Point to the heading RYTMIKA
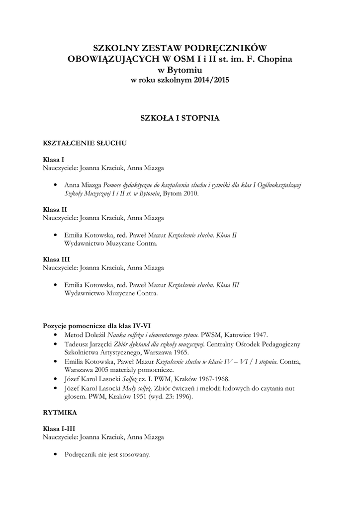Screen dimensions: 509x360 pyautogui.click(x=60, y=412)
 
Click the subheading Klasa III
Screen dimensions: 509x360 pyautogui.click(x=56, y=259)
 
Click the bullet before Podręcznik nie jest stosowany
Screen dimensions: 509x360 pyautogui.click(x=55, y=455)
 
